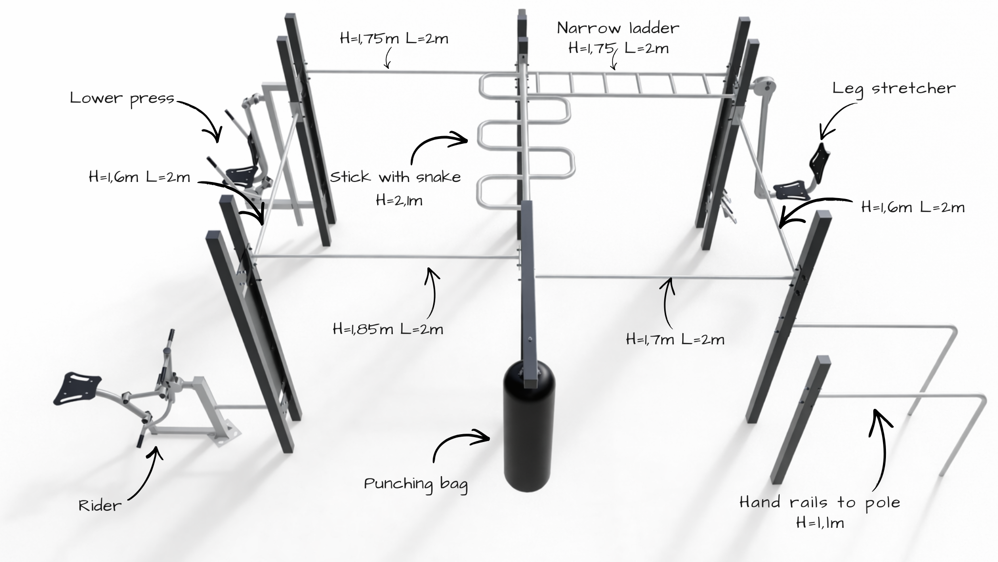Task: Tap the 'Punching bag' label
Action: (416, 484)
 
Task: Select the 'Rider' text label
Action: (100, 505)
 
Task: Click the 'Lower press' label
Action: (122, 99)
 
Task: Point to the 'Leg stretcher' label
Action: (894, 89)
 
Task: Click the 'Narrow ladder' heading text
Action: (618, 28)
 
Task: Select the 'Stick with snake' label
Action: (395, 177)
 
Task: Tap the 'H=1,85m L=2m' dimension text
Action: (388, 329)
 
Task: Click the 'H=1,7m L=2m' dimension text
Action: (675, 339)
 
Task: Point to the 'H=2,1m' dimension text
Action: (399, 201)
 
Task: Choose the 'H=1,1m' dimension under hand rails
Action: (820, 523)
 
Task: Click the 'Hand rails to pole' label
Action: (820, 502)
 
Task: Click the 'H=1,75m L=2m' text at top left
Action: (394, 39)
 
